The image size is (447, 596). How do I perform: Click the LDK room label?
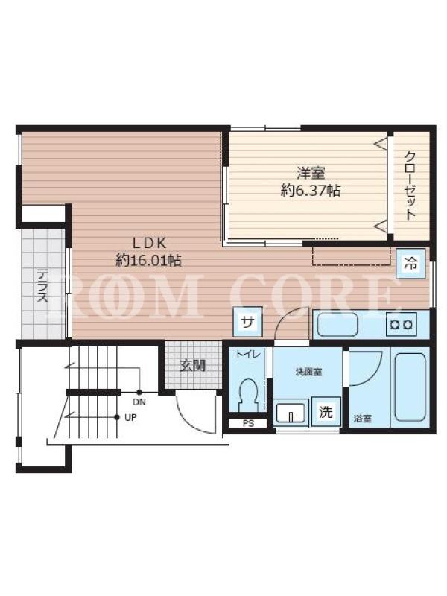pos(148,243)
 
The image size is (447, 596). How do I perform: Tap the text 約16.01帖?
pos(148,260)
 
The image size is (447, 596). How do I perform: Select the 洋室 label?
pos(311,174)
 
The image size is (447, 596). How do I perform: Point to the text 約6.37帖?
pos(311,190)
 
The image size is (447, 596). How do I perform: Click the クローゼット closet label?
pos(409,186)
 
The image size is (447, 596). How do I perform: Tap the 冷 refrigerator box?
pos(410,263)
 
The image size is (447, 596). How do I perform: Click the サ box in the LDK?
pos(247,322)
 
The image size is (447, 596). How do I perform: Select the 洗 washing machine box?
pos(326,411)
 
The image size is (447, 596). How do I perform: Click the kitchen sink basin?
pos(337,324)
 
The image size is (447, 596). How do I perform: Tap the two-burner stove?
pos(402,324)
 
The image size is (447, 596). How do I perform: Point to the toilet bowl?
pos(249,394)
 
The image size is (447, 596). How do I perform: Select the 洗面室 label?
pos(308,372)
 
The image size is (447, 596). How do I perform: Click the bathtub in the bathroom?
pos(410,387)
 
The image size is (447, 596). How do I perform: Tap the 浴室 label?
pos(363,419)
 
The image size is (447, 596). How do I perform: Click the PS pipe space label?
pos(248,423)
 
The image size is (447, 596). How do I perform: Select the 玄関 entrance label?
pos(193,365)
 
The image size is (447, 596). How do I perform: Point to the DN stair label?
pos(139,402)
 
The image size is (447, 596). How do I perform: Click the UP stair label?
pos(130,417)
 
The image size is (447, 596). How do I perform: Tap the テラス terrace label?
pos(42,286)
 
